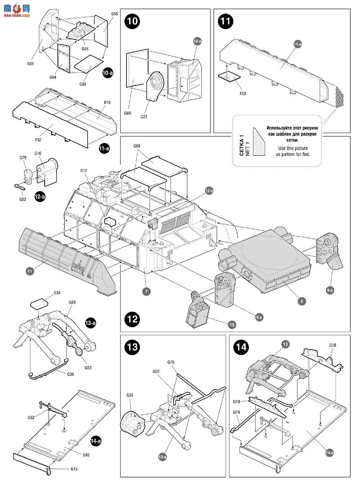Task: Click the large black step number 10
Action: pos(133,21)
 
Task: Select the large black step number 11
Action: pos(226,21)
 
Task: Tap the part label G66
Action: pos(137,146)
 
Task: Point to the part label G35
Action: pos(130,396)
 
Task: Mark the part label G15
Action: pos(74,469)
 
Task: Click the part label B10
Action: pos(107,103)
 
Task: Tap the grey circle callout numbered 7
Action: pos(146,291)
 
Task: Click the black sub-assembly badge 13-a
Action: pos(90,323)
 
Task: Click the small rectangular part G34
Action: pos(40,304)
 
